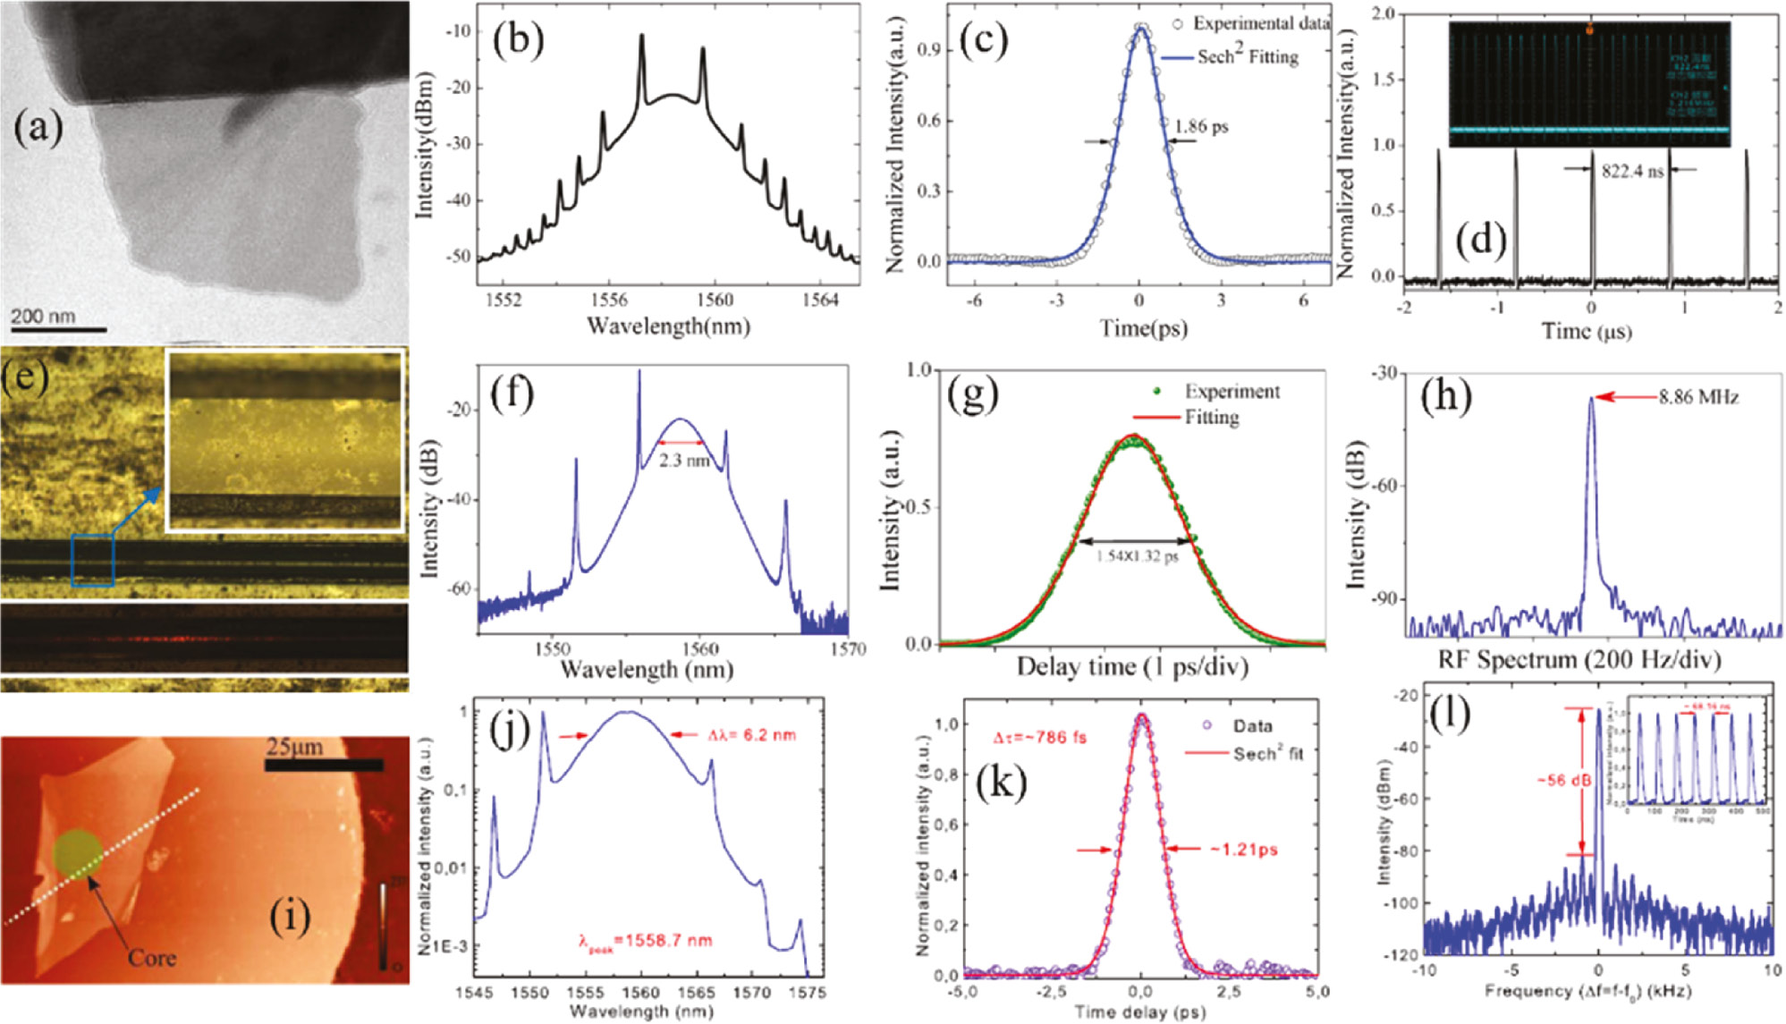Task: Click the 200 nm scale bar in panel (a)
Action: pos(59,330)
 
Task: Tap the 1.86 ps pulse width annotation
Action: pos(1201,126)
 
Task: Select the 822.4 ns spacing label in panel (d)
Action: pos(1632,171)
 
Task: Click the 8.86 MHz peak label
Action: pos(1698,397)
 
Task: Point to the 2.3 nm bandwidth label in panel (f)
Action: pos(683,461)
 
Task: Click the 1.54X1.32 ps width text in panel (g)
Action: pos(1137,556)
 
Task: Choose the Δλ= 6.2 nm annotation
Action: pos(751,735)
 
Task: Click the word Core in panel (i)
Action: pos(152,958)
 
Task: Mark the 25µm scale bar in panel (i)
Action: pos(324,766)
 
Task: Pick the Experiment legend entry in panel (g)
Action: pos(1232,392)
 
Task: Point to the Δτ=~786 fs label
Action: pos(1040,739)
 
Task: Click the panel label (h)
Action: pos(1445,396)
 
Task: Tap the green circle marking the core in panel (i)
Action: pos(76,851)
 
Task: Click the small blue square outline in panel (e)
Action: pos(92,560)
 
